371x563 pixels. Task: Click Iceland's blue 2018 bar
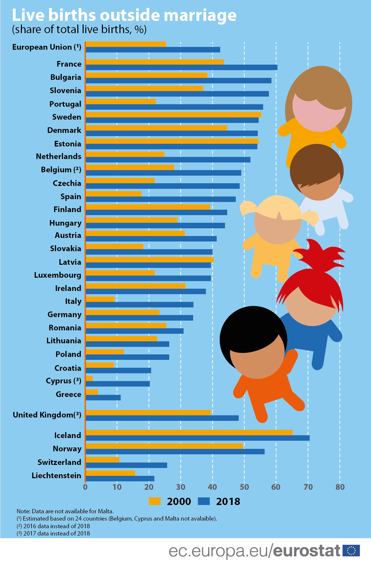point(197,438)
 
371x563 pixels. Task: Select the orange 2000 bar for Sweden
point(173,115)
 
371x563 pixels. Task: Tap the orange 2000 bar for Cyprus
point(89,378)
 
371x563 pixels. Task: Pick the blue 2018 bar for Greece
point(103,398)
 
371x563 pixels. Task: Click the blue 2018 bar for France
point(182,68)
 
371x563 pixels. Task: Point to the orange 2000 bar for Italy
point(100,299)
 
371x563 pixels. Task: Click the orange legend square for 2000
point(154,501)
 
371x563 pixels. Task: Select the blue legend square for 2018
point(203,501)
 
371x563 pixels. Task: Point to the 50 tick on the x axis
point(244,487)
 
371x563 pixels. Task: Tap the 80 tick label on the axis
point(340,487)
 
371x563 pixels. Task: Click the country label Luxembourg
point(57,275)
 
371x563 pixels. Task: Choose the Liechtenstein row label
point(56,476)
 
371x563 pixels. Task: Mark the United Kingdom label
point(47,415)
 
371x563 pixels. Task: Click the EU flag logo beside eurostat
point(351,550)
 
